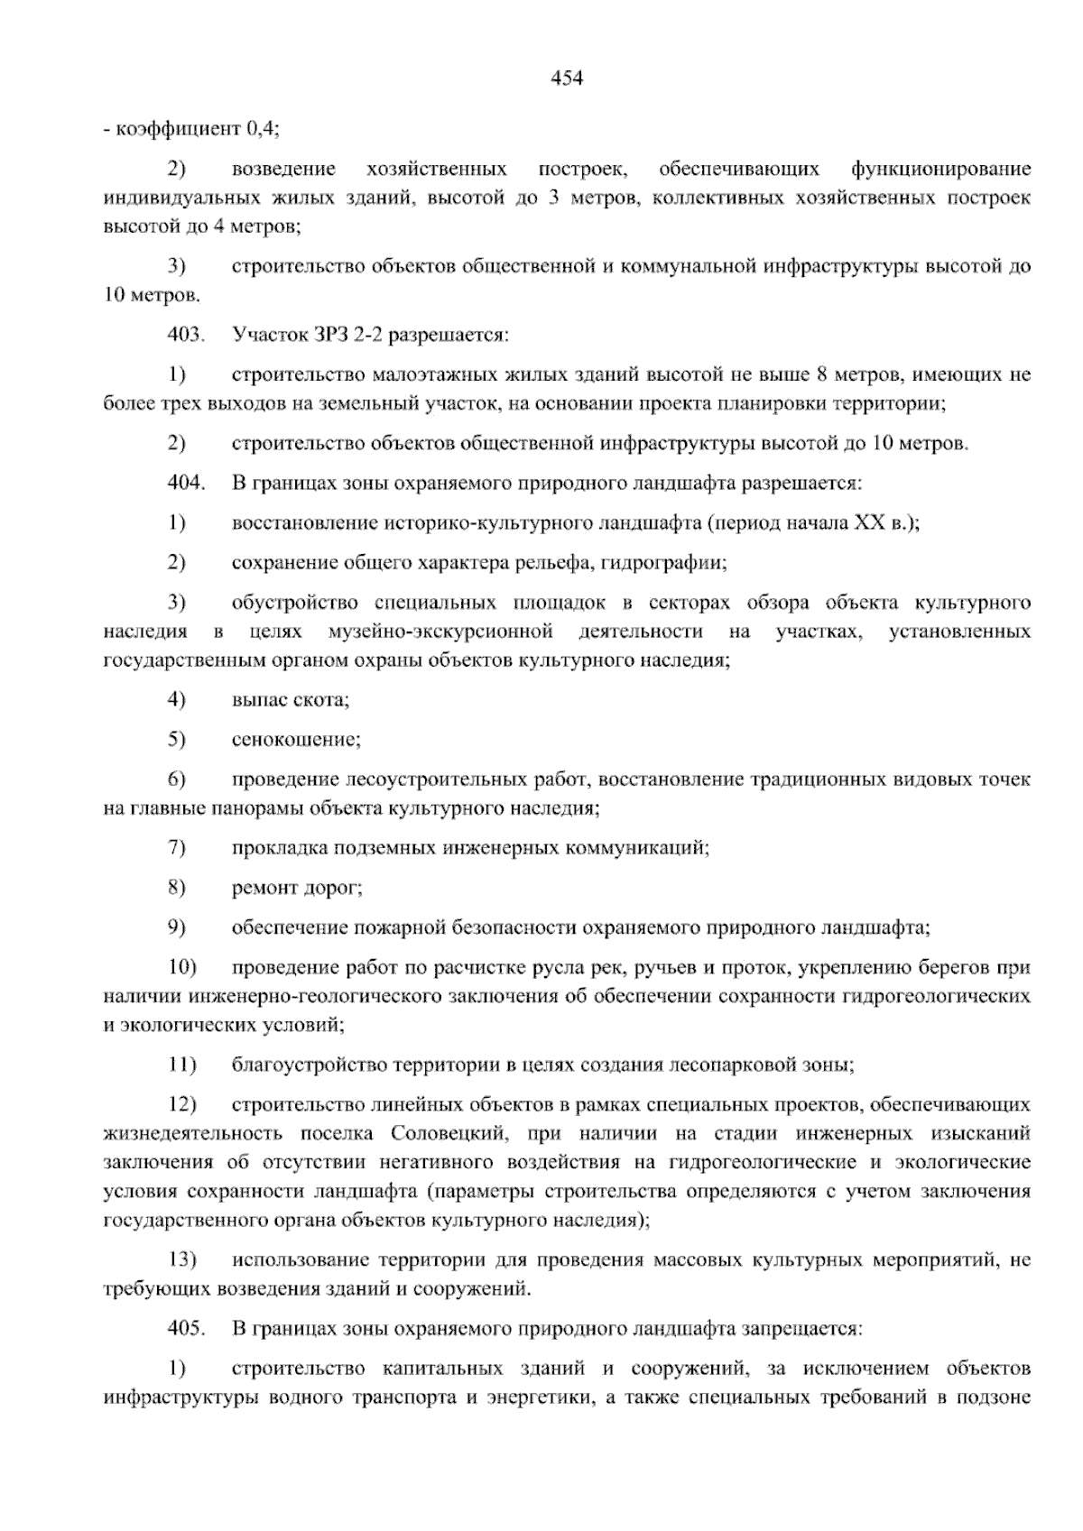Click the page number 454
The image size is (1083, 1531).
tap(567, 78)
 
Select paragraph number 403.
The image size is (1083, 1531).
tap(186, 335)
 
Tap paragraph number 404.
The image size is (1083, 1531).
tap(186, 483)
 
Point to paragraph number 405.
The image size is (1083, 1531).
tap(186, 1328)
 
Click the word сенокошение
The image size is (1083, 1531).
tap(295, 740)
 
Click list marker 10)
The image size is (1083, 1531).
tap(181, 968)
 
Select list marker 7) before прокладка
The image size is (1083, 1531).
tap(176, 848)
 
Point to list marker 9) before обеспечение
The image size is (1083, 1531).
tap(176, 927)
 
